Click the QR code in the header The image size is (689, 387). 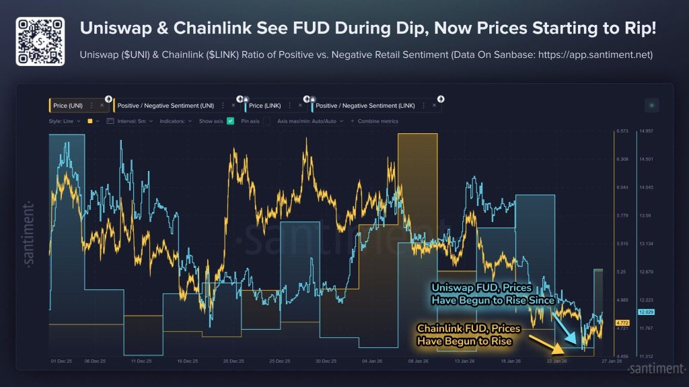point(40,41)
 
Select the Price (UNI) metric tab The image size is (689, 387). point(69,106)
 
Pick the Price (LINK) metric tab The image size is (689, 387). point(265,106)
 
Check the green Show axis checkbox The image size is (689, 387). point(231,121)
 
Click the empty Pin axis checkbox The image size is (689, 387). point(266,121)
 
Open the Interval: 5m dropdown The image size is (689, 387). point(135,121)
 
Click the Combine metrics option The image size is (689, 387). point(377,121)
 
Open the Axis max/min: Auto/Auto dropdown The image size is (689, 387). point(310,121)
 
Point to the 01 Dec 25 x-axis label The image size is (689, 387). point(61,361)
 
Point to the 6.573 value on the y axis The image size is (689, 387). point(622,131)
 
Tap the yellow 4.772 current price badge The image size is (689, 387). point(622,322)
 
